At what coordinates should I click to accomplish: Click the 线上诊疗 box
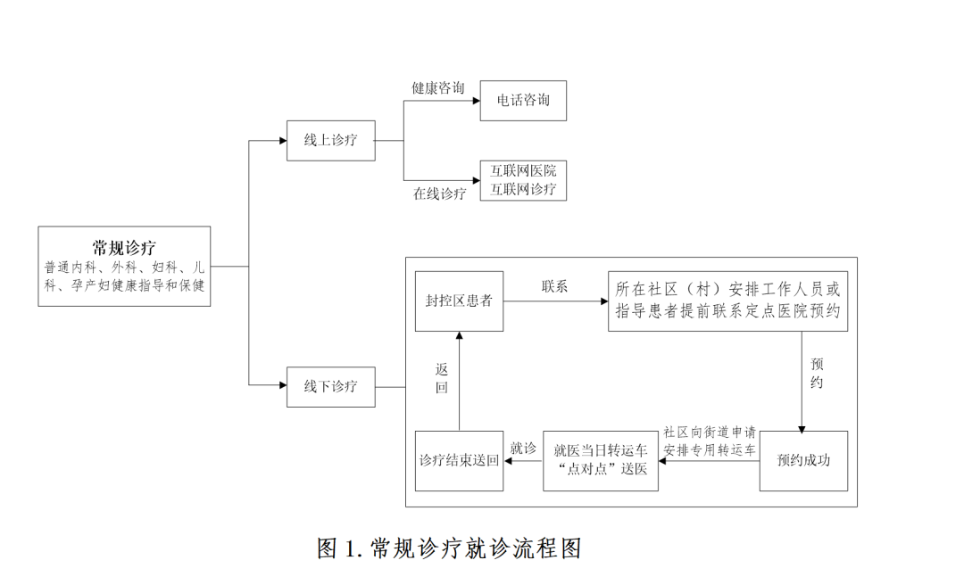coord(330,141)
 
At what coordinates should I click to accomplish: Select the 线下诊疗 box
coord(330,386)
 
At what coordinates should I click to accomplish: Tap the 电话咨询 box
coord(523,101)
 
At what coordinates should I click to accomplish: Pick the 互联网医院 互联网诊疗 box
coord(523,180)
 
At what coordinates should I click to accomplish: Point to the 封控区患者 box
coord(459,301)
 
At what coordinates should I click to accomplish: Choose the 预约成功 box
coord(803,461)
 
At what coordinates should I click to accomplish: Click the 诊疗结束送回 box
coord(459,461)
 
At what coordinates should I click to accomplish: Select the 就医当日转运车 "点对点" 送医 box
coord(601,461)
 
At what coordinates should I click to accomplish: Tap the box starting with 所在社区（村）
coord(727,301)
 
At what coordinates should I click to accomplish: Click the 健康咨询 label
coord(437,88)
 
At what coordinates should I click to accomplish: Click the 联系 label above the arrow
coord(554,287)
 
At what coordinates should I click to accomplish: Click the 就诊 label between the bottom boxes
coord(523,449)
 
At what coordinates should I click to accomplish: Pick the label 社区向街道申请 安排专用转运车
coord(710,441)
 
